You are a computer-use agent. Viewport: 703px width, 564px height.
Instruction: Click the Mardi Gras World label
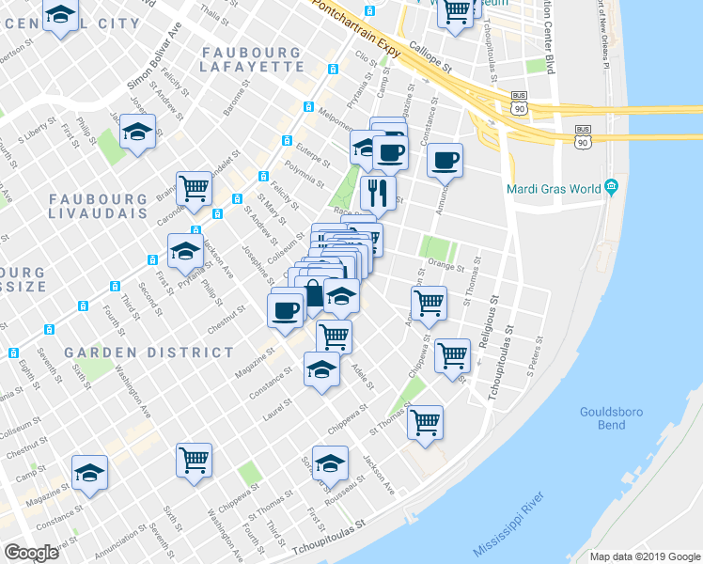[553, 188]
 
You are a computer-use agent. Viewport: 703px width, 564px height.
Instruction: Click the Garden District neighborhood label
[149, 352]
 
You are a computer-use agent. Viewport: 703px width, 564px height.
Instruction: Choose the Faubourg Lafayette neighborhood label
[252, 60]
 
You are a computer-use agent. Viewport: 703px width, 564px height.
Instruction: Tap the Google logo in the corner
[32, 553]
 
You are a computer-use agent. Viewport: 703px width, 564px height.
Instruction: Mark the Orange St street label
[449, 268]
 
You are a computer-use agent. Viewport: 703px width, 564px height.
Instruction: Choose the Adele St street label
[361, 379]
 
